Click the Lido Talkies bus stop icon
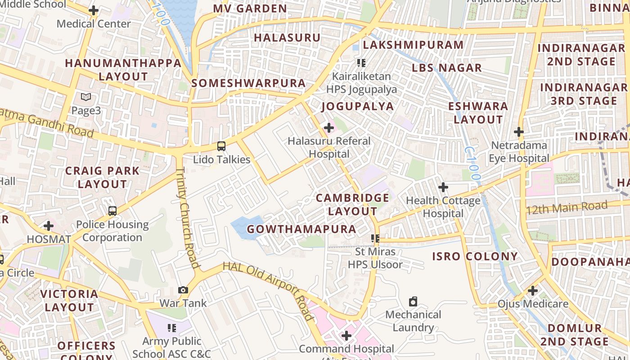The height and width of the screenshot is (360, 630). pos(221,146)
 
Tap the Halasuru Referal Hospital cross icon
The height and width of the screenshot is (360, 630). pos(329,128)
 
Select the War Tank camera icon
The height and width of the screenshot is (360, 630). pos(183,290)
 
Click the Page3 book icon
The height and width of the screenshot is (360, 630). pos(86,97)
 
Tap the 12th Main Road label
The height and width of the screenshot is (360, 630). pos(567,208)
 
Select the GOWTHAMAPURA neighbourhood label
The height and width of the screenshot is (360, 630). pos(301,229)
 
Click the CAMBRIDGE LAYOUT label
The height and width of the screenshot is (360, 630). pos(352,204)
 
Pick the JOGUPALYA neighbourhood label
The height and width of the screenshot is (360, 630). pos(357,107)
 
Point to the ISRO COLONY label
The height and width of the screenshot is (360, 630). pos(475,256)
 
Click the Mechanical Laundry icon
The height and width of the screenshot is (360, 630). pos(413,301)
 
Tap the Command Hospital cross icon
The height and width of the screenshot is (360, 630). pos(346,336)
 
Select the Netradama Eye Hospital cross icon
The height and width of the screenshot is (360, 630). pos(519,132)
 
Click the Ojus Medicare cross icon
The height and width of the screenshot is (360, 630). pos(533,291)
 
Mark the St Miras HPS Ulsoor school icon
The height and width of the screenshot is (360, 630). pos(375,238)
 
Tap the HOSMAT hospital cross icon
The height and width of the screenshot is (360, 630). pos(49,226)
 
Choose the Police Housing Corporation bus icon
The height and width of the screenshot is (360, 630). pos(112,211)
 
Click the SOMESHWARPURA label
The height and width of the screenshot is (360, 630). pos(248,83)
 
